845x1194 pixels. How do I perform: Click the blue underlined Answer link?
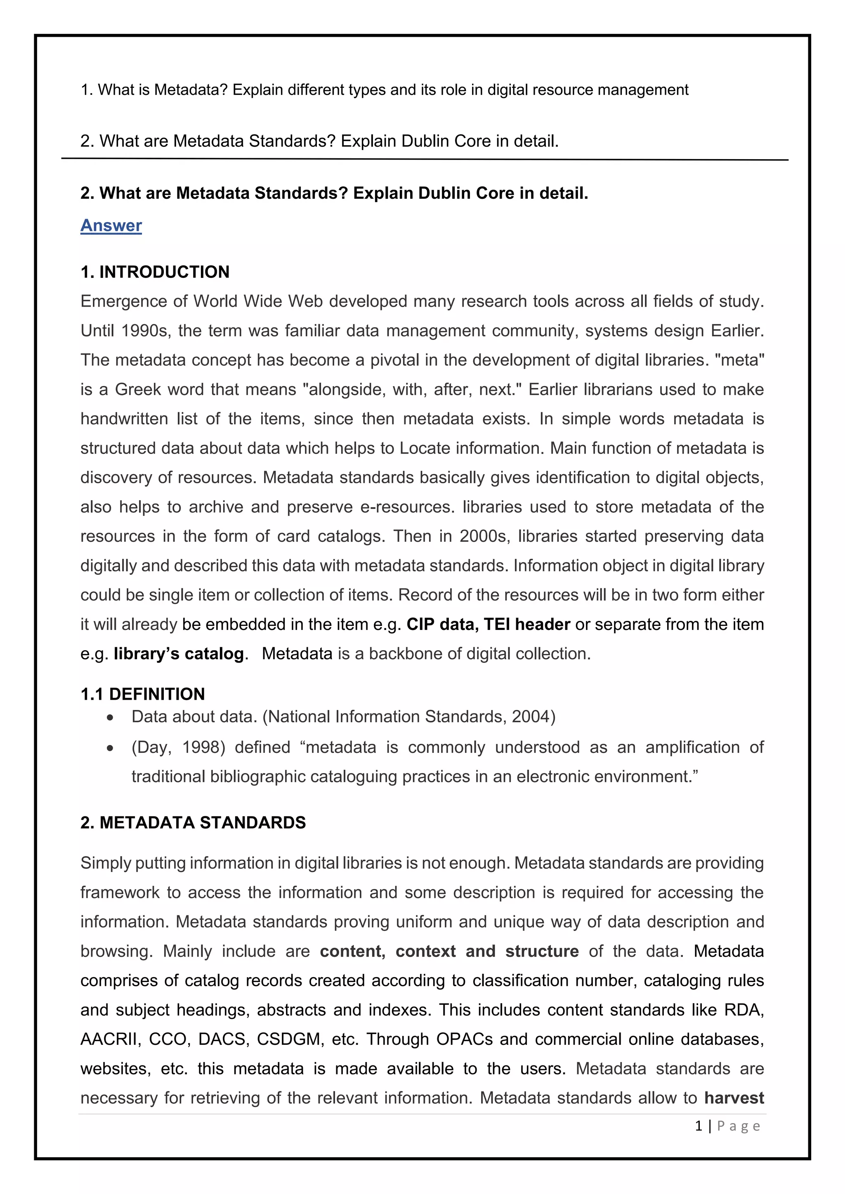[x=111, y=225]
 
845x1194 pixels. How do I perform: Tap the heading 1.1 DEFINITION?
[x=143, y=694]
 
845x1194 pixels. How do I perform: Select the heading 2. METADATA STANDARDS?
[x=193, y=822]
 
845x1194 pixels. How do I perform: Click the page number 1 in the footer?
[x=699, y=1126]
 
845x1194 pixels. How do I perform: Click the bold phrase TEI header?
[x=526, y=624]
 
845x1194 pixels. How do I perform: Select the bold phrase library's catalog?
[x=179, y=653]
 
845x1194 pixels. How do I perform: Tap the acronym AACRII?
[x=110, y=1039]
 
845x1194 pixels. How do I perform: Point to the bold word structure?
[x=542, y=951]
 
